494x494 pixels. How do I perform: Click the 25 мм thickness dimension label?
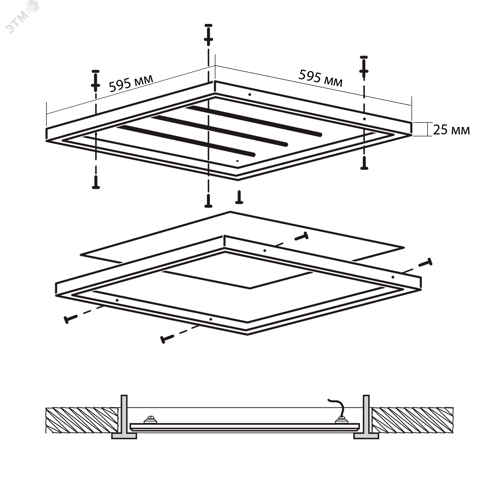(451, 130)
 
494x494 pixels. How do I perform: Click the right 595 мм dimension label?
(320, 78)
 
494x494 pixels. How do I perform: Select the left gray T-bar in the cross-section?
(124, 418)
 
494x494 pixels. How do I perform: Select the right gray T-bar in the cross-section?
(366, 418)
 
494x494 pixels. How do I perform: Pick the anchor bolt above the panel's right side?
(364, 66)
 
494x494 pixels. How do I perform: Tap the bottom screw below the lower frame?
(167, 339)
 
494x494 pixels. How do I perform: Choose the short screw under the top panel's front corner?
(239, 197)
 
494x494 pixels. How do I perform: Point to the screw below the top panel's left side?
(96, 182)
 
